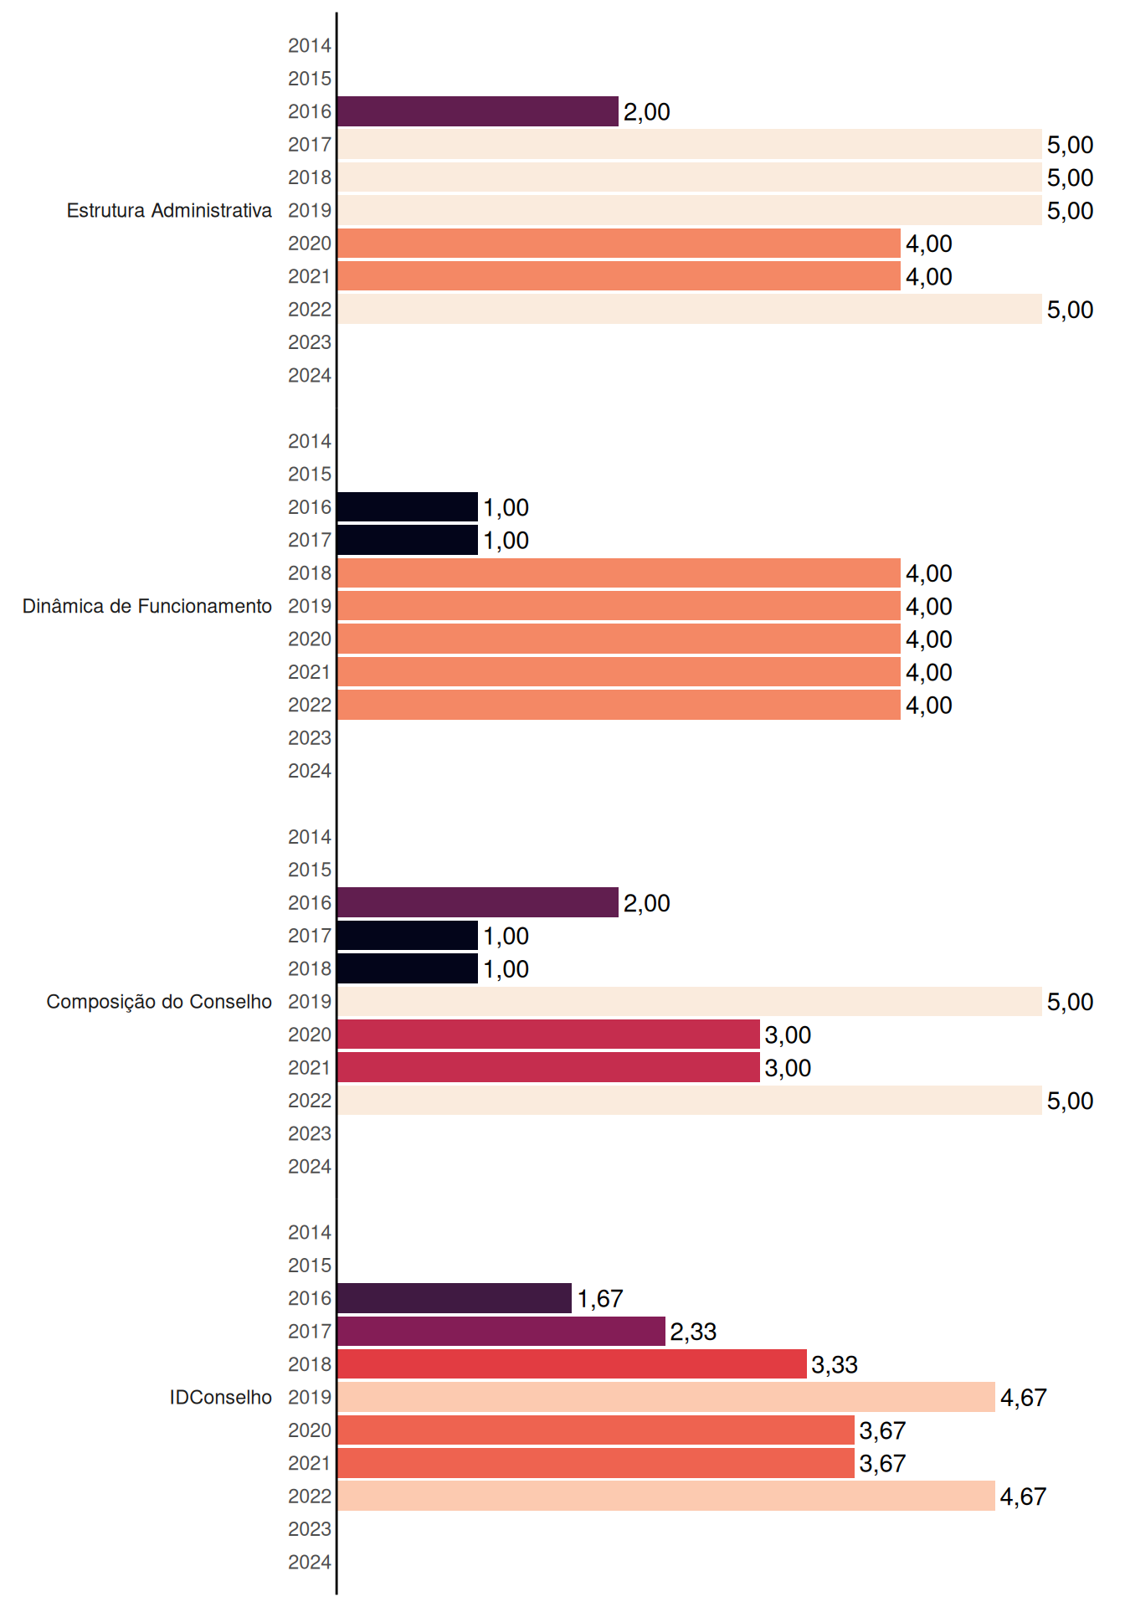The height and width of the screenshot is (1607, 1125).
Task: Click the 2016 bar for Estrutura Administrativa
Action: [x=478, y=111]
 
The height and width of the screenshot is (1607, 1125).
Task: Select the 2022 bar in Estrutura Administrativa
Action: [x=690, y=309]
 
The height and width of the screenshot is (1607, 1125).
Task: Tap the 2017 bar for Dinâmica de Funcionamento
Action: [x=408, y=540]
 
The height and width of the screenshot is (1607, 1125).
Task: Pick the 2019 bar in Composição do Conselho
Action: [x=690, y=1001]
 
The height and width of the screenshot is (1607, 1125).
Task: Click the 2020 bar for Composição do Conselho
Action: [x=548, y=1035]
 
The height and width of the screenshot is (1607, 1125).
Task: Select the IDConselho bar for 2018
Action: [x=572, y=1364]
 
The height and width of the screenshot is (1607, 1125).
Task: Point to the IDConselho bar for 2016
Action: [x=455, y=1298]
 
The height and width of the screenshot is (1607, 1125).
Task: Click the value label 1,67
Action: [x=600, y=1299]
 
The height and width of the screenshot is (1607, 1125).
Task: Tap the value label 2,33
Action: [x=693, y=1332]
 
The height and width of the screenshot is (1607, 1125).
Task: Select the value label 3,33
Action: [x=835, y=1365]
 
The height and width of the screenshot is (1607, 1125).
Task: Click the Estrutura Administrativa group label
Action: [x=169, y=210]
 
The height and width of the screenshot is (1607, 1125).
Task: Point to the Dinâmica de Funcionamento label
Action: [x=147, y=606]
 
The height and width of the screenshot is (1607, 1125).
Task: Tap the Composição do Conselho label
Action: [x=159, y=1002]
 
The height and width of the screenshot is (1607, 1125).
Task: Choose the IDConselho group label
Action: [x=221, y=1397]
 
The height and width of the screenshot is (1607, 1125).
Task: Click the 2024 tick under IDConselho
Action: [x=310, y=1562]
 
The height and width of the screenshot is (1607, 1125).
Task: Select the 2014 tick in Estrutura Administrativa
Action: [x=310, y=46]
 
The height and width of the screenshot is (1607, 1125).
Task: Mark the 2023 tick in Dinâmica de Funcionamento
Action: [x=310, y=738]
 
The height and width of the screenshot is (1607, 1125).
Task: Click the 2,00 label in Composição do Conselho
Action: [x=647, y=903]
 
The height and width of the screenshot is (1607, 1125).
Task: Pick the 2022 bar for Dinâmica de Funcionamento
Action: [x=619, y=705]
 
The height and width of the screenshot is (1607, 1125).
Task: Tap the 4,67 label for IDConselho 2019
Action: [x=1024, y=1398]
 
